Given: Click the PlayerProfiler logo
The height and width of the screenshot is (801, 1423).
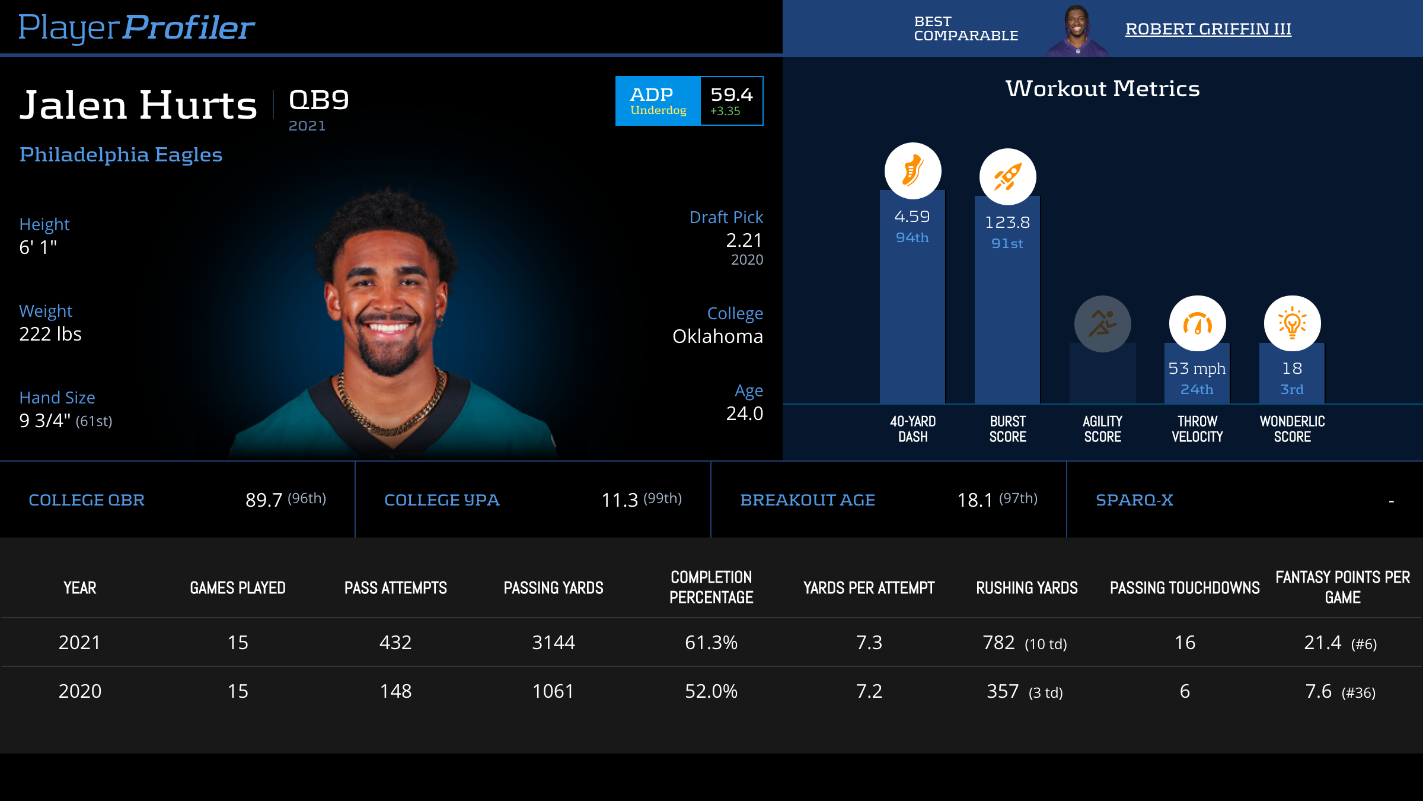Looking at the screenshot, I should (136, 27).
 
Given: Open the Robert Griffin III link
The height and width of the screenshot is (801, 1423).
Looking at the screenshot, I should (1208, 28).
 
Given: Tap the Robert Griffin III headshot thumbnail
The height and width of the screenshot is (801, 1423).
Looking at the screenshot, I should (1077, 31).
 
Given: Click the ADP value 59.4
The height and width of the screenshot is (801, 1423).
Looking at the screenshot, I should (731, 95).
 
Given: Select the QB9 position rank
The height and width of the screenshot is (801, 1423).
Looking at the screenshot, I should (319, 100).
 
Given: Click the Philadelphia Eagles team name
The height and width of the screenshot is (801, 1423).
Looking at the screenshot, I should (121, 154).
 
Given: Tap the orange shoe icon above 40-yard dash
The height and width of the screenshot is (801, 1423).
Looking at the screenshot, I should (912, 171).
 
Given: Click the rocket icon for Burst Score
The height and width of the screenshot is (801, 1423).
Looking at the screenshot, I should (1007, 177).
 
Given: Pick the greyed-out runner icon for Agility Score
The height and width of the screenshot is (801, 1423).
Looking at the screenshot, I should (1102, 324).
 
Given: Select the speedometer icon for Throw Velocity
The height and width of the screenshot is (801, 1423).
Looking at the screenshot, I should (1197, 324).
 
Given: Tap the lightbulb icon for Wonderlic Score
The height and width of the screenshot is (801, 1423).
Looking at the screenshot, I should (1292, 324).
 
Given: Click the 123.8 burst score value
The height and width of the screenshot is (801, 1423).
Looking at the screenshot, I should (1007, 223).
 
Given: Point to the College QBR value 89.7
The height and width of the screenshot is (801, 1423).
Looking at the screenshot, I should (264, 500).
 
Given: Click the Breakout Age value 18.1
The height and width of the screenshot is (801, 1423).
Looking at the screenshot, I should (975, 500).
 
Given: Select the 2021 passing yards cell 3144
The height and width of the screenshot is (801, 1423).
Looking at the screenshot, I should (553, 643).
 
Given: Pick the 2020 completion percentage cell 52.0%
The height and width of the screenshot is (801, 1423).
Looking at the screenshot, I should (711, 691).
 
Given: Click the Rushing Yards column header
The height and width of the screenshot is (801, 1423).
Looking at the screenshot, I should (1027, 588).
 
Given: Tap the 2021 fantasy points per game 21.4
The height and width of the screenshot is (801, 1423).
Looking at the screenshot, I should (1323, 643).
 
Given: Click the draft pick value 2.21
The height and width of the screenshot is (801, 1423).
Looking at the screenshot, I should (744, 240).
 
